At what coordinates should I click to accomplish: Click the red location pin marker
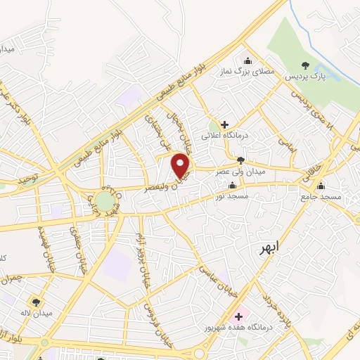tap(181, 165)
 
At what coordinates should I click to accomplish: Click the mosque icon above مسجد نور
tap(232, 186)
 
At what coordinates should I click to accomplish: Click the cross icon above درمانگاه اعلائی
tap(224, 124)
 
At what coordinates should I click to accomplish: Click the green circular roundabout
tap(105, 202)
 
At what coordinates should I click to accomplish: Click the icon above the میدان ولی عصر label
tap(241, 160)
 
